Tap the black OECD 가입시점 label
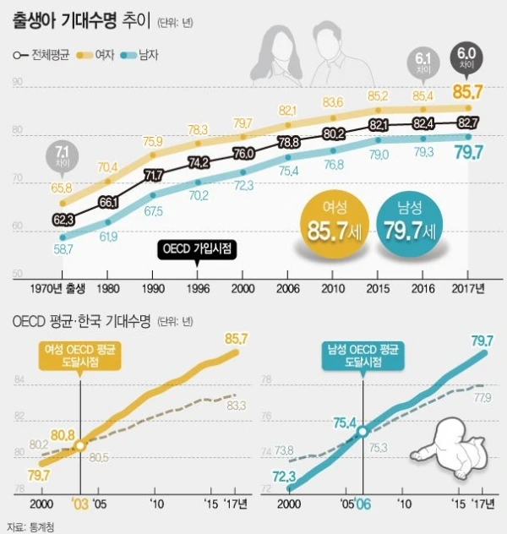click(x=197, y=248)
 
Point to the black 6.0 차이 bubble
click(x=466, y=57)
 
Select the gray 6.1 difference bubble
click(x=423, y=62)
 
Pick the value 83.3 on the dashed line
click(x=237, y=406)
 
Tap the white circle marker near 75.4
click(x=362, y=431)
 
